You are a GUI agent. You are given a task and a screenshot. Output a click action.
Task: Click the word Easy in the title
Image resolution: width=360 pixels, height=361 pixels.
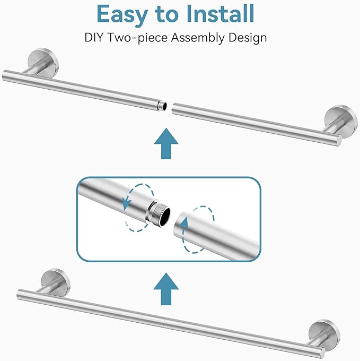point(122,15)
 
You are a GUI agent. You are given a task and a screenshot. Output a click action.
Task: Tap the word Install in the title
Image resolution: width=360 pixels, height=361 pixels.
point(220,13)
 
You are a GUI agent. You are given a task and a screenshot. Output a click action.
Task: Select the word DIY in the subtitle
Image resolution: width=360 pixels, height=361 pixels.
point(93,38)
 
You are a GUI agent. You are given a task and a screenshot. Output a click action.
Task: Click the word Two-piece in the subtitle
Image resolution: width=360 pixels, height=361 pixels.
point(137,38)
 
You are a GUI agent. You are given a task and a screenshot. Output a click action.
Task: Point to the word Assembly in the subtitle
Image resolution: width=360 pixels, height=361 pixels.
point(198,38)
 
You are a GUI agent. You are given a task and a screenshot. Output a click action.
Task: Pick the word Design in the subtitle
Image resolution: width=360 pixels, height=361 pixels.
point(248,38)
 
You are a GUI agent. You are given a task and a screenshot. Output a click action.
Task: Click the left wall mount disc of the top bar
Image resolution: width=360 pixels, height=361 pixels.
point(43,62)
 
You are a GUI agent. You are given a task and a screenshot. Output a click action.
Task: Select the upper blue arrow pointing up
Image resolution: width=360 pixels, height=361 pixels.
point(166,143)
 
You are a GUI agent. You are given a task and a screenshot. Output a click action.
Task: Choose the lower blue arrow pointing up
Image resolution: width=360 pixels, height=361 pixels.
point(166,289)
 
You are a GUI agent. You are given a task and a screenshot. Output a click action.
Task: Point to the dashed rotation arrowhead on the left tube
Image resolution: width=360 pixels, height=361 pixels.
point(126,203)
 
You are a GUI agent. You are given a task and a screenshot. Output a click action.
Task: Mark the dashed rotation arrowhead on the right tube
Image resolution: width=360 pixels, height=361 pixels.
point(185,224)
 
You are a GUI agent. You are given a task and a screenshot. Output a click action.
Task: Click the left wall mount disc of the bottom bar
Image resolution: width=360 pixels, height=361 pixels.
point(55,282)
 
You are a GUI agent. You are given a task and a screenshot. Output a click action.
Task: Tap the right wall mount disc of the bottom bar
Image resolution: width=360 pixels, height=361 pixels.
point(324,334)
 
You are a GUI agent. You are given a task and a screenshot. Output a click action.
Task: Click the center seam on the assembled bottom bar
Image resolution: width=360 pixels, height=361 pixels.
point(164,321)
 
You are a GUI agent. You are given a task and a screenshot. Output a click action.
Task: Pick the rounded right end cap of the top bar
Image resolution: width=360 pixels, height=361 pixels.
point(339,141)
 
